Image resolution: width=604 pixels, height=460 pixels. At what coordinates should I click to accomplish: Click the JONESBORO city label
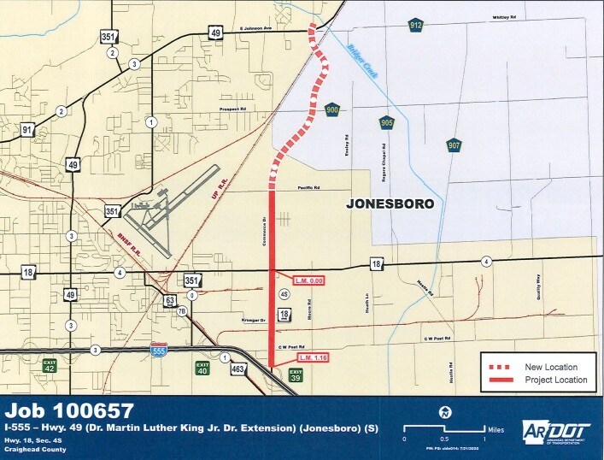click(389, 204)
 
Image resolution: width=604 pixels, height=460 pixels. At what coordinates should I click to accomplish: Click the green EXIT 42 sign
click(50, 365)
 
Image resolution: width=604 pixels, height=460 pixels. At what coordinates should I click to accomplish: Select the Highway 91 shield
click(28, 130)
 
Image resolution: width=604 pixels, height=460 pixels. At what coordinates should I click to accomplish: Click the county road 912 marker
click(415, 25)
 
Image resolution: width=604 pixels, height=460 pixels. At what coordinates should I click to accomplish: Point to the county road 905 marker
click(387, 122)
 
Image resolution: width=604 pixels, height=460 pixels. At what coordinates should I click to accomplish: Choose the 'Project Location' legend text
click(554, 379)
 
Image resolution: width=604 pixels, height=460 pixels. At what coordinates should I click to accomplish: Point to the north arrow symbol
click(443, 411)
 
